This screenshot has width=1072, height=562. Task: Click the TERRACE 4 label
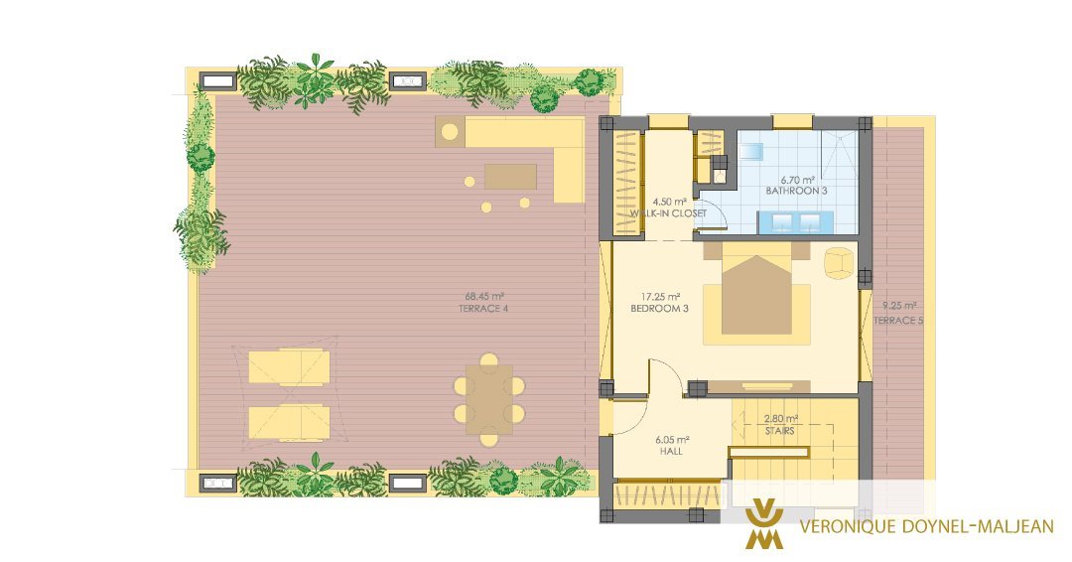482,309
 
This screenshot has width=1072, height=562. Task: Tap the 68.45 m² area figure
484,297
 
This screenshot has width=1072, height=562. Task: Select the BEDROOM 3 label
659,309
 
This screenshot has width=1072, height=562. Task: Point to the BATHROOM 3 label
796,191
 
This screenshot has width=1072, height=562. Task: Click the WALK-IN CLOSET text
669,213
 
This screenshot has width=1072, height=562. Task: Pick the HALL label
671,451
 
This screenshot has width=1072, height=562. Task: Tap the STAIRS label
780,431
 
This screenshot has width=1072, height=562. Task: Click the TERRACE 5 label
898,320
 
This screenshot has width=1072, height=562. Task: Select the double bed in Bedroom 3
755,295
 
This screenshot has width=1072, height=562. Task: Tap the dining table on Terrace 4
488,399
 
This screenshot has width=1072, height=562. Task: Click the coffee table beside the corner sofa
510,177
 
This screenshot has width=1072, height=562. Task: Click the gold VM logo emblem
763,524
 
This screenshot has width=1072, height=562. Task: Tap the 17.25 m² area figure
660,297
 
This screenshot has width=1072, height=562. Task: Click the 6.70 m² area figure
796,180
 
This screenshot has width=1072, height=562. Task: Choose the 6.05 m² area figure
672,440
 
